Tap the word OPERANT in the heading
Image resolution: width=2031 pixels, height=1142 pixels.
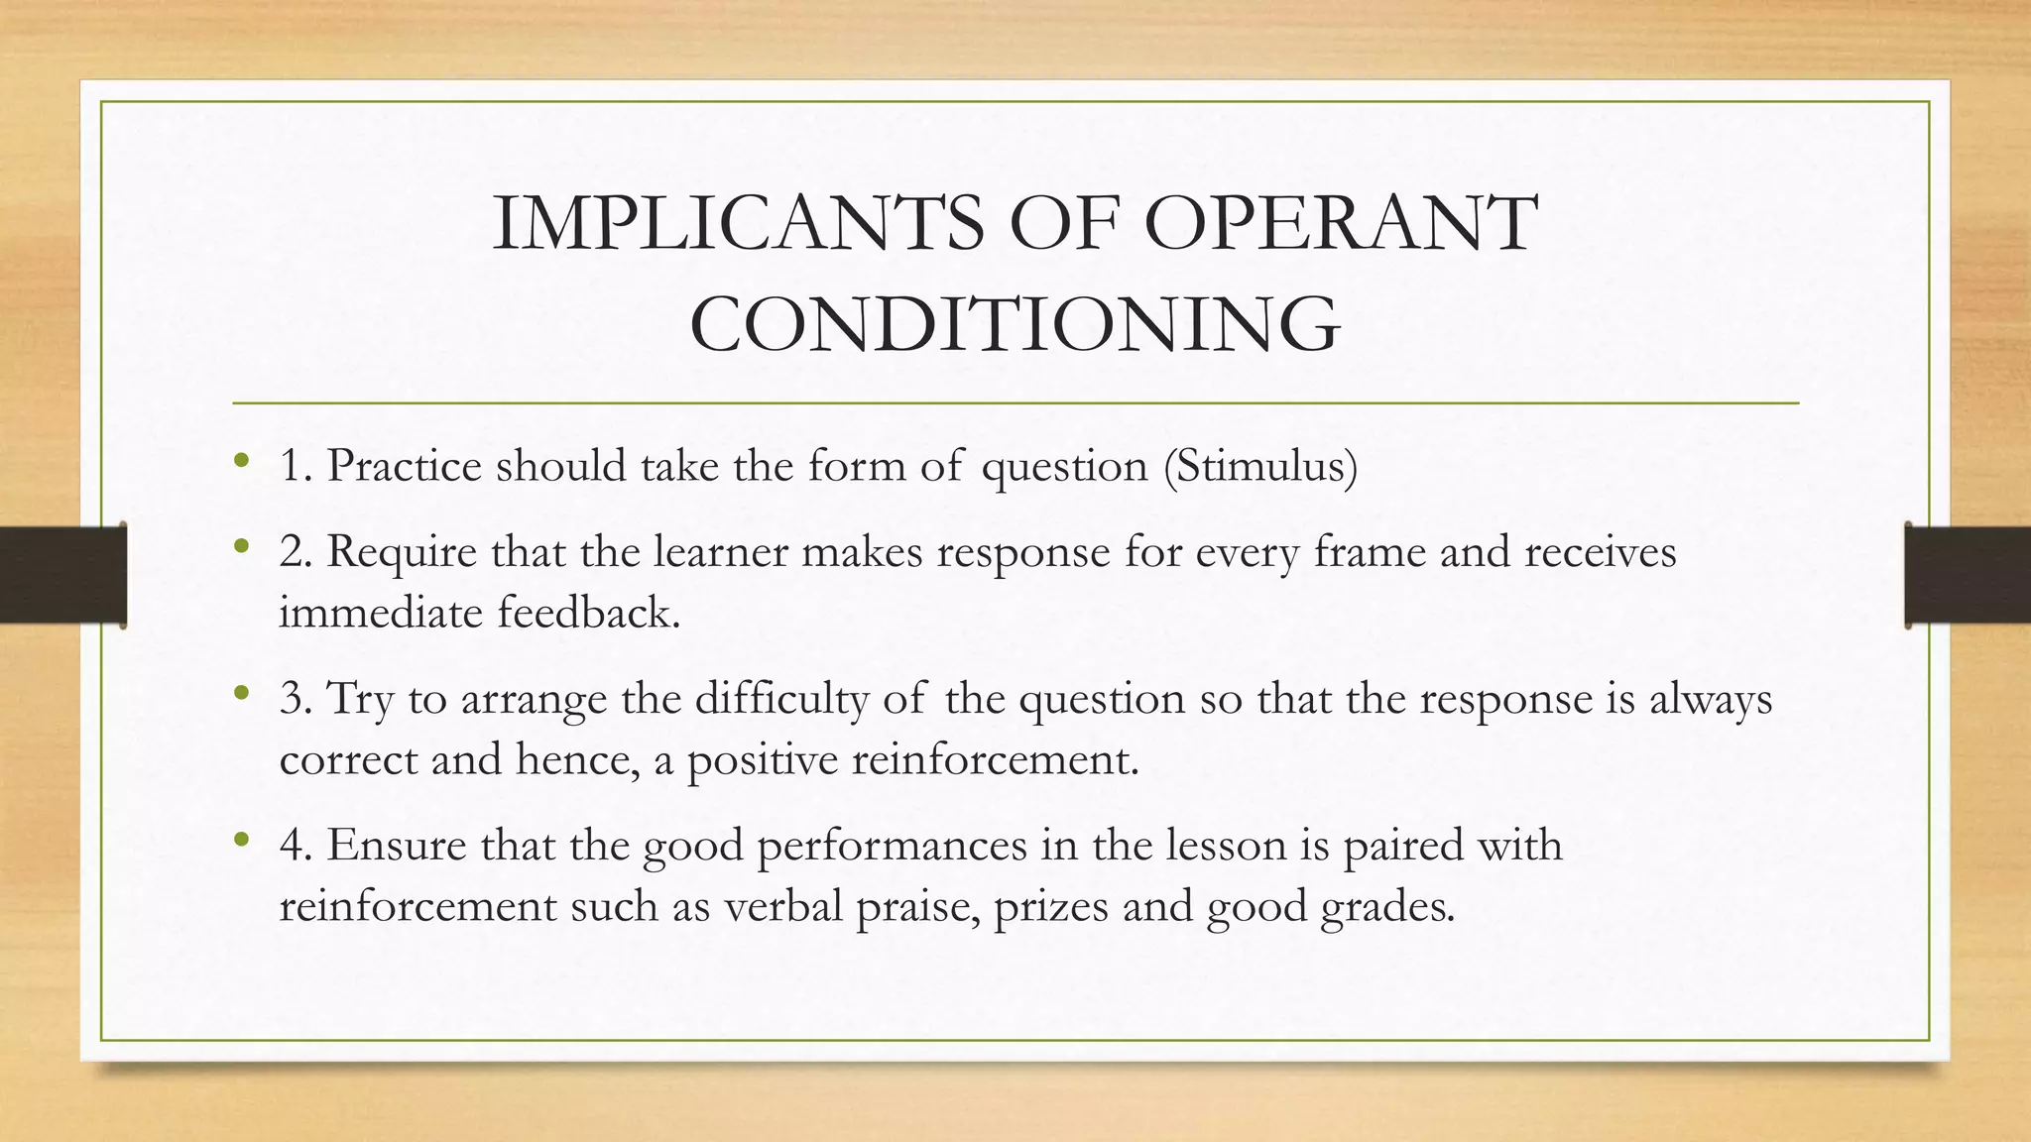1340,224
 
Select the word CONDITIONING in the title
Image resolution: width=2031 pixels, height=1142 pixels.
1015,324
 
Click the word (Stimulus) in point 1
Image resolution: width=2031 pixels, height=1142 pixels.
1260,466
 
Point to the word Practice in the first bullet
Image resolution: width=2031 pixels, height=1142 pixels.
405,466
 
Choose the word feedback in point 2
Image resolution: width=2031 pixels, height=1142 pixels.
588,613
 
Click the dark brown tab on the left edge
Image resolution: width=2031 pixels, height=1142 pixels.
62,575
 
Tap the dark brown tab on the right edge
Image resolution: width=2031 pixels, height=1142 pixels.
1969,575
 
